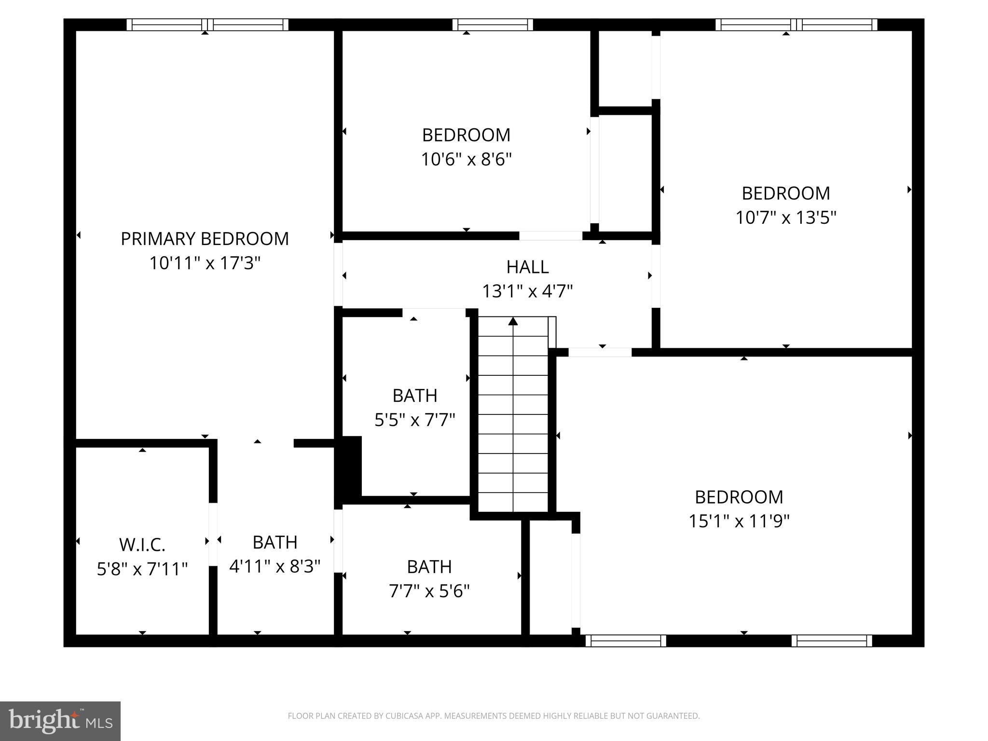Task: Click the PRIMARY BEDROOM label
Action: (205, 239)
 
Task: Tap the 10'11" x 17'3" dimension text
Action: (205, 263)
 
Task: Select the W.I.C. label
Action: (142, 545)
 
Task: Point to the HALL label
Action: (527, 267)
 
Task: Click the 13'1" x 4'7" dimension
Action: (527, 291)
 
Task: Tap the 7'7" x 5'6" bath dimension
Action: (429, 591)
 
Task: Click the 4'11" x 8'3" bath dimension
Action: (274, 566)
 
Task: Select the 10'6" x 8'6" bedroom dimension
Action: (466, 159)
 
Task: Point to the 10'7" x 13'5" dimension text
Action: (785, 218)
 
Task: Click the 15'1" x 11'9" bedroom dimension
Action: (739, 521)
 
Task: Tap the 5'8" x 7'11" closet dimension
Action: (142, 569)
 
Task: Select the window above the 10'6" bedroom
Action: (493, 25)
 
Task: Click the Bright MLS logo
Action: (60, 721)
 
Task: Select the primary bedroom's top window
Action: (207, 25)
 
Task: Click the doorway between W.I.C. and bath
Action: (213, 535)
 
